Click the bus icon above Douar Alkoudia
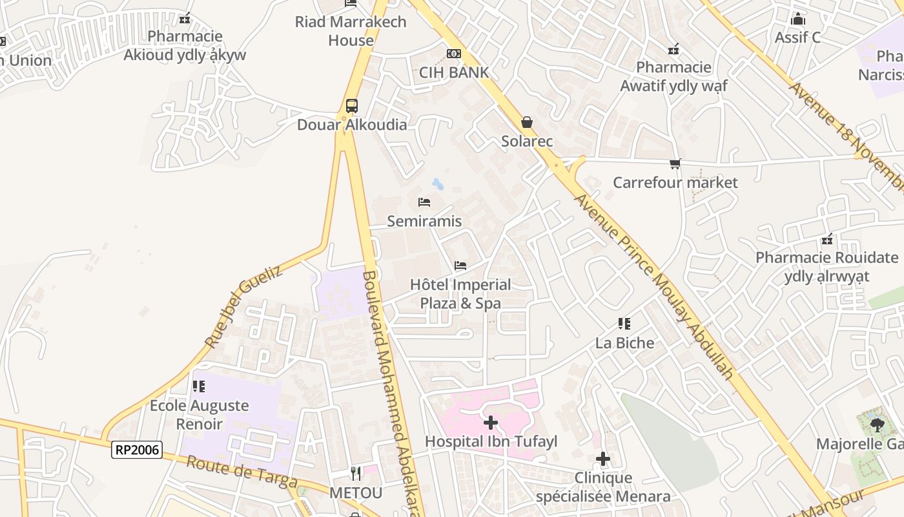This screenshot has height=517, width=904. point(351,105)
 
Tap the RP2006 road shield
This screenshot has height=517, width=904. point(136,450)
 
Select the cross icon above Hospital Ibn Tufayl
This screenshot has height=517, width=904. point(491,423)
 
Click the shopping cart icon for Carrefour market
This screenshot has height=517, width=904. point(675,164)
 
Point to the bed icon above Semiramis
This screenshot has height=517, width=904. point(424,202)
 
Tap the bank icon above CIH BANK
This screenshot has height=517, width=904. point(454,54)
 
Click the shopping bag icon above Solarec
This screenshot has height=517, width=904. point(527,122)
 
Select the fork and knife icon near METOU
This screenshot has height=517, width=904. point(356,474)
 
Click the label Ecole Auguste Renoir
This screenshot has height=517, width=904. point(199,415)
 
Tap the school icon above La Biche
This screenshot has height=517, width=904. point(624,324)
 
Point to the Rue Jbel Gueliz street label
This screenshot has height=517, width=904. point(243,306)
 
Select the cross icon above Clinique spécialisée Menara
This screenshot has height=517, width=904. point(603,459)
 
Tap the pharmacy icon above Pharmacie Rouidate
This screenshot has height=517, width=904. point(827,239)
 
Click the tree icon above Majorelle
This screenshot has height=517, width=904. point(877,425)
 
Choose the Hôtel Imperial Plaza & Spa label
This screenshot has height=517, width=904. point(460,294)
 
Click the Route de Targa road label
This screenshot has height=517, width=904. point(242,472)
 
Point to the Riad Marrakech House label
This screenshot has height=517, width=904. point(351,31)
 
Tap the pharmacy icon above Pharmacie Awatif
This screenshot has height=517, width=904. point(673,48)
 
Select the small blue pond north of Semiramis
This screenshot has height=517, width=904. point(438,184)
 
